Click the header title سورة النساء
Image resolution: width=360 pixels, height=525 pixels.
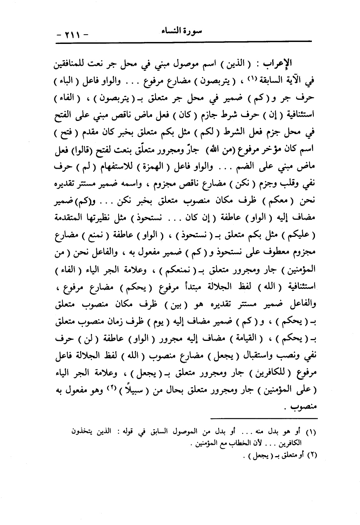[x=181, y=32]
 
